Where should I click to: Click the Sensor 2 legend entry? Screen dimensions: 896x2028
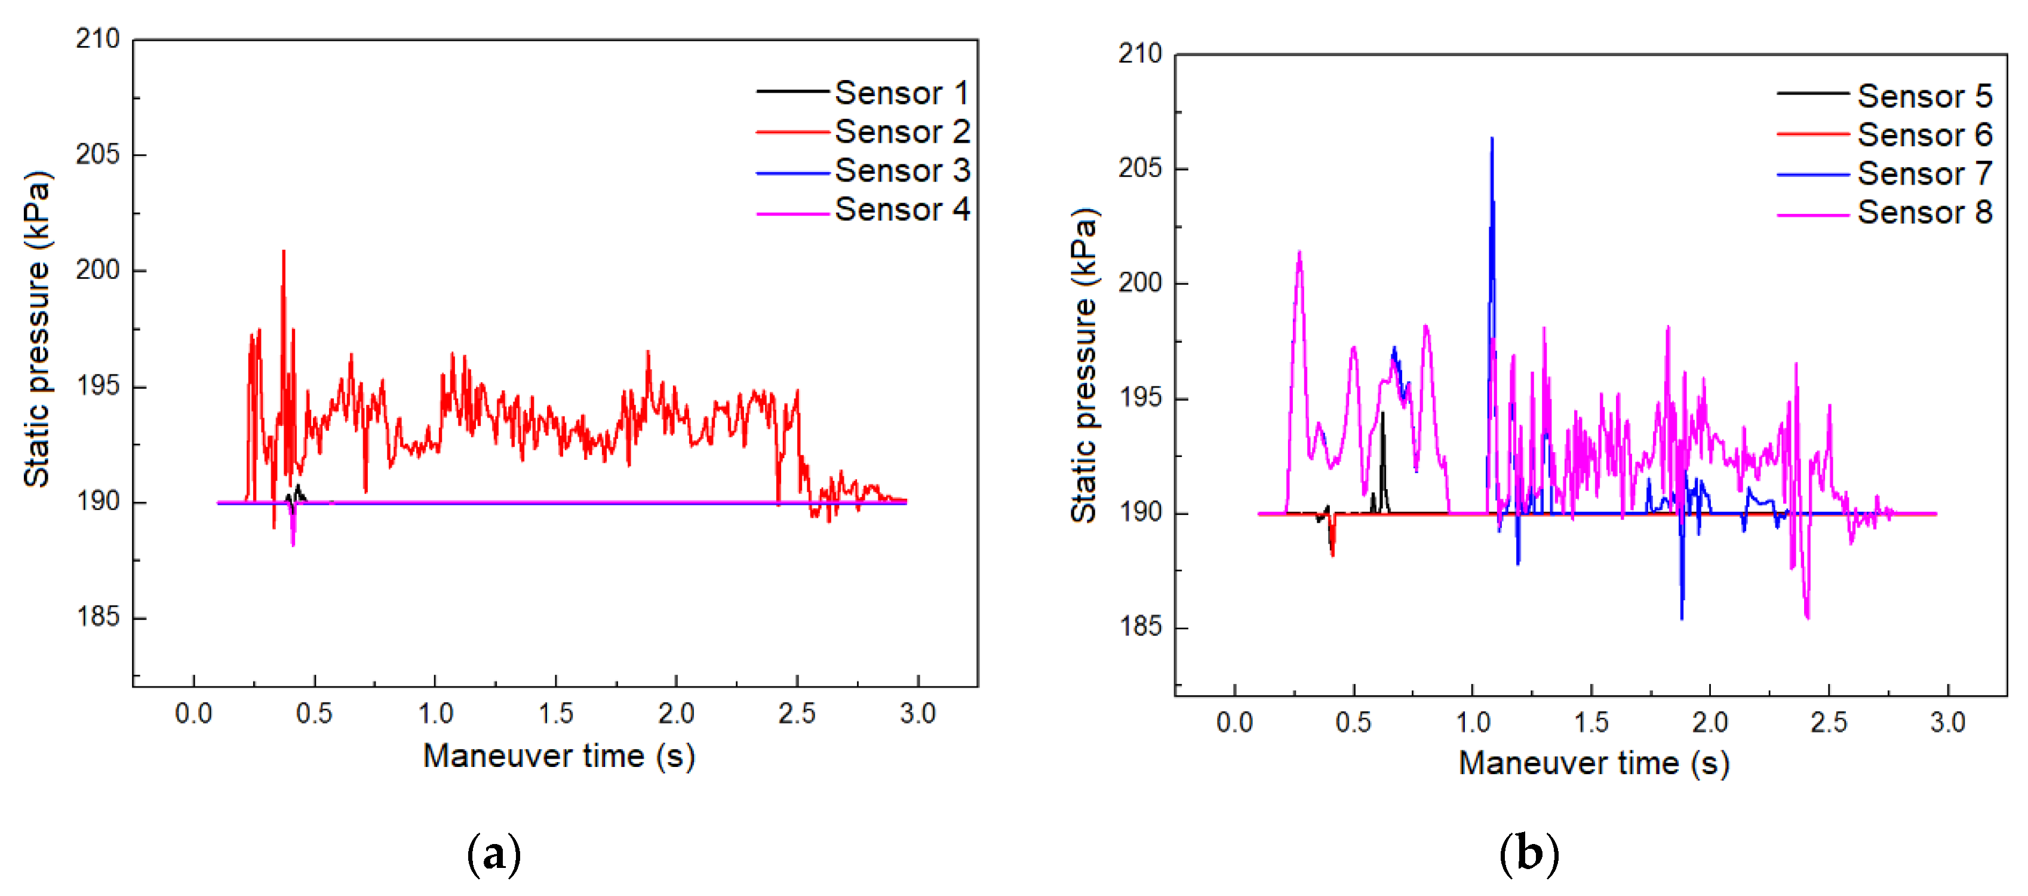point(902,132)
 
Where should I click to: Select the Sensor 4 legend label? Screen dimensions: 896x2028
point(902,210)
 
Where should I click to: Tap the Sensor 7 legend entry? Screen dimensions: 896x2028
point(1924,174)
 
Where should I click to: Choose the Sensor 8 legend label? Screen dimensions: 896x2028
point(1924,213)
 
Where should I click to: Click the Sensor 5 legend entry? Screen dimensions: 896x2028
point(1924,96)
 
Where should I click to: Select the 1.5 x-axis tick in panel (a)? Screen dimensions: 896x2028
point(556,713)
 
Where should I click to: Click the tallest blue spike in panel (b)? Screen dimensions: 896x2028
point(1491,139)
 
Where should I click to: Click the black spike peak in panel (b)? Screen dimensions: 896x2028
point(1382,413)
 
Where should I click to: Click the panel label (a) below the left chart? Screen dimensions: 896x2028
point(494,854)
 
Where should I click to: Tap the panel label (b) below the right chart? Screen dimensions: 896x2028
point(1529,854)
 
